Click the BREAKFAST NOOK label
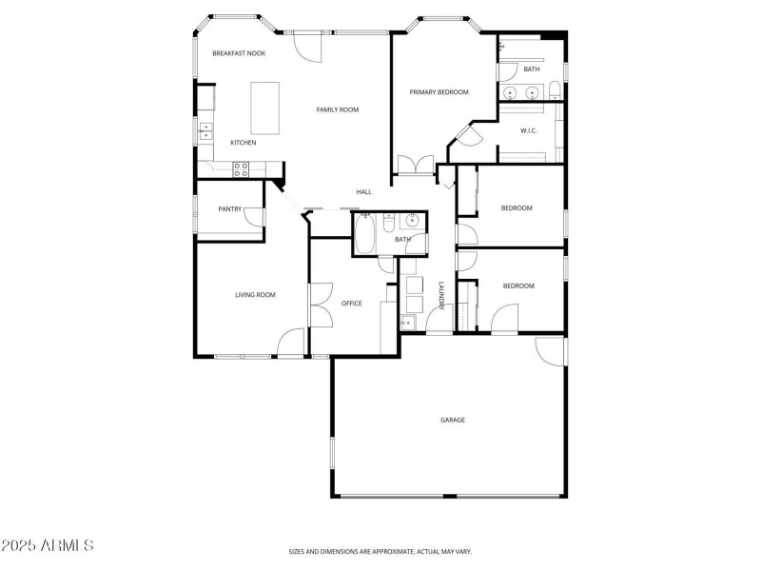238,53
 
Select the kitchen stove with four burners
242,169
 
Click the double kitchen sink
205,132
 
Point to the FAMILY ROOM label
337,110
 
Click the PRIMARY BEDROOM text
439,92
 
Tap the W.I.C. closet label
529,130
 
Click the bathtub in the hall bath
364,234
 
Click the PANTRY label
229,208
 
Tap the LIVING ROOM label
255,295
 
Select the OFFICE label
351,304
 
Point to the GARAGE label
452,420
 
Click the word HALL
363,192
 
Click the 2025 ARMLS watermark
48,545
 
